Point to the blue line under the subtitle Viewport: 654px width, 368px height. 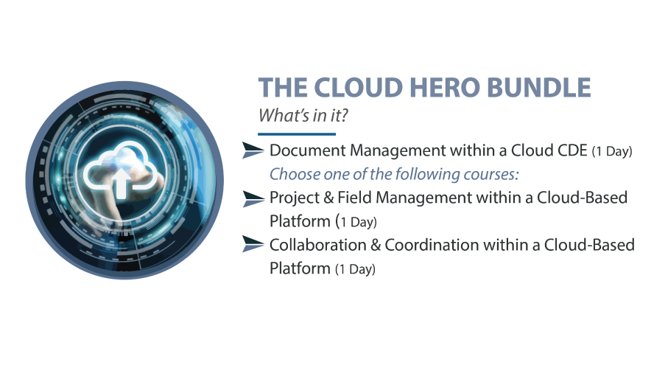click(x=297, y=134)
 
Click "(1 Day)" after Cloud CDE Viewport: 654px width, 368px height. click(x=612, y=152)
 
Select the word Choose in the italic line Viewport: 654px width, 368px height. click(x=292, y=175)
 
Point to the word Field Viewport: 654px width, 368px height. click(x=354, y=198)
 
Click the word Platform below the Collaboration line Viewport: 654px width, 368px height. click(x=300, y=268)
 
